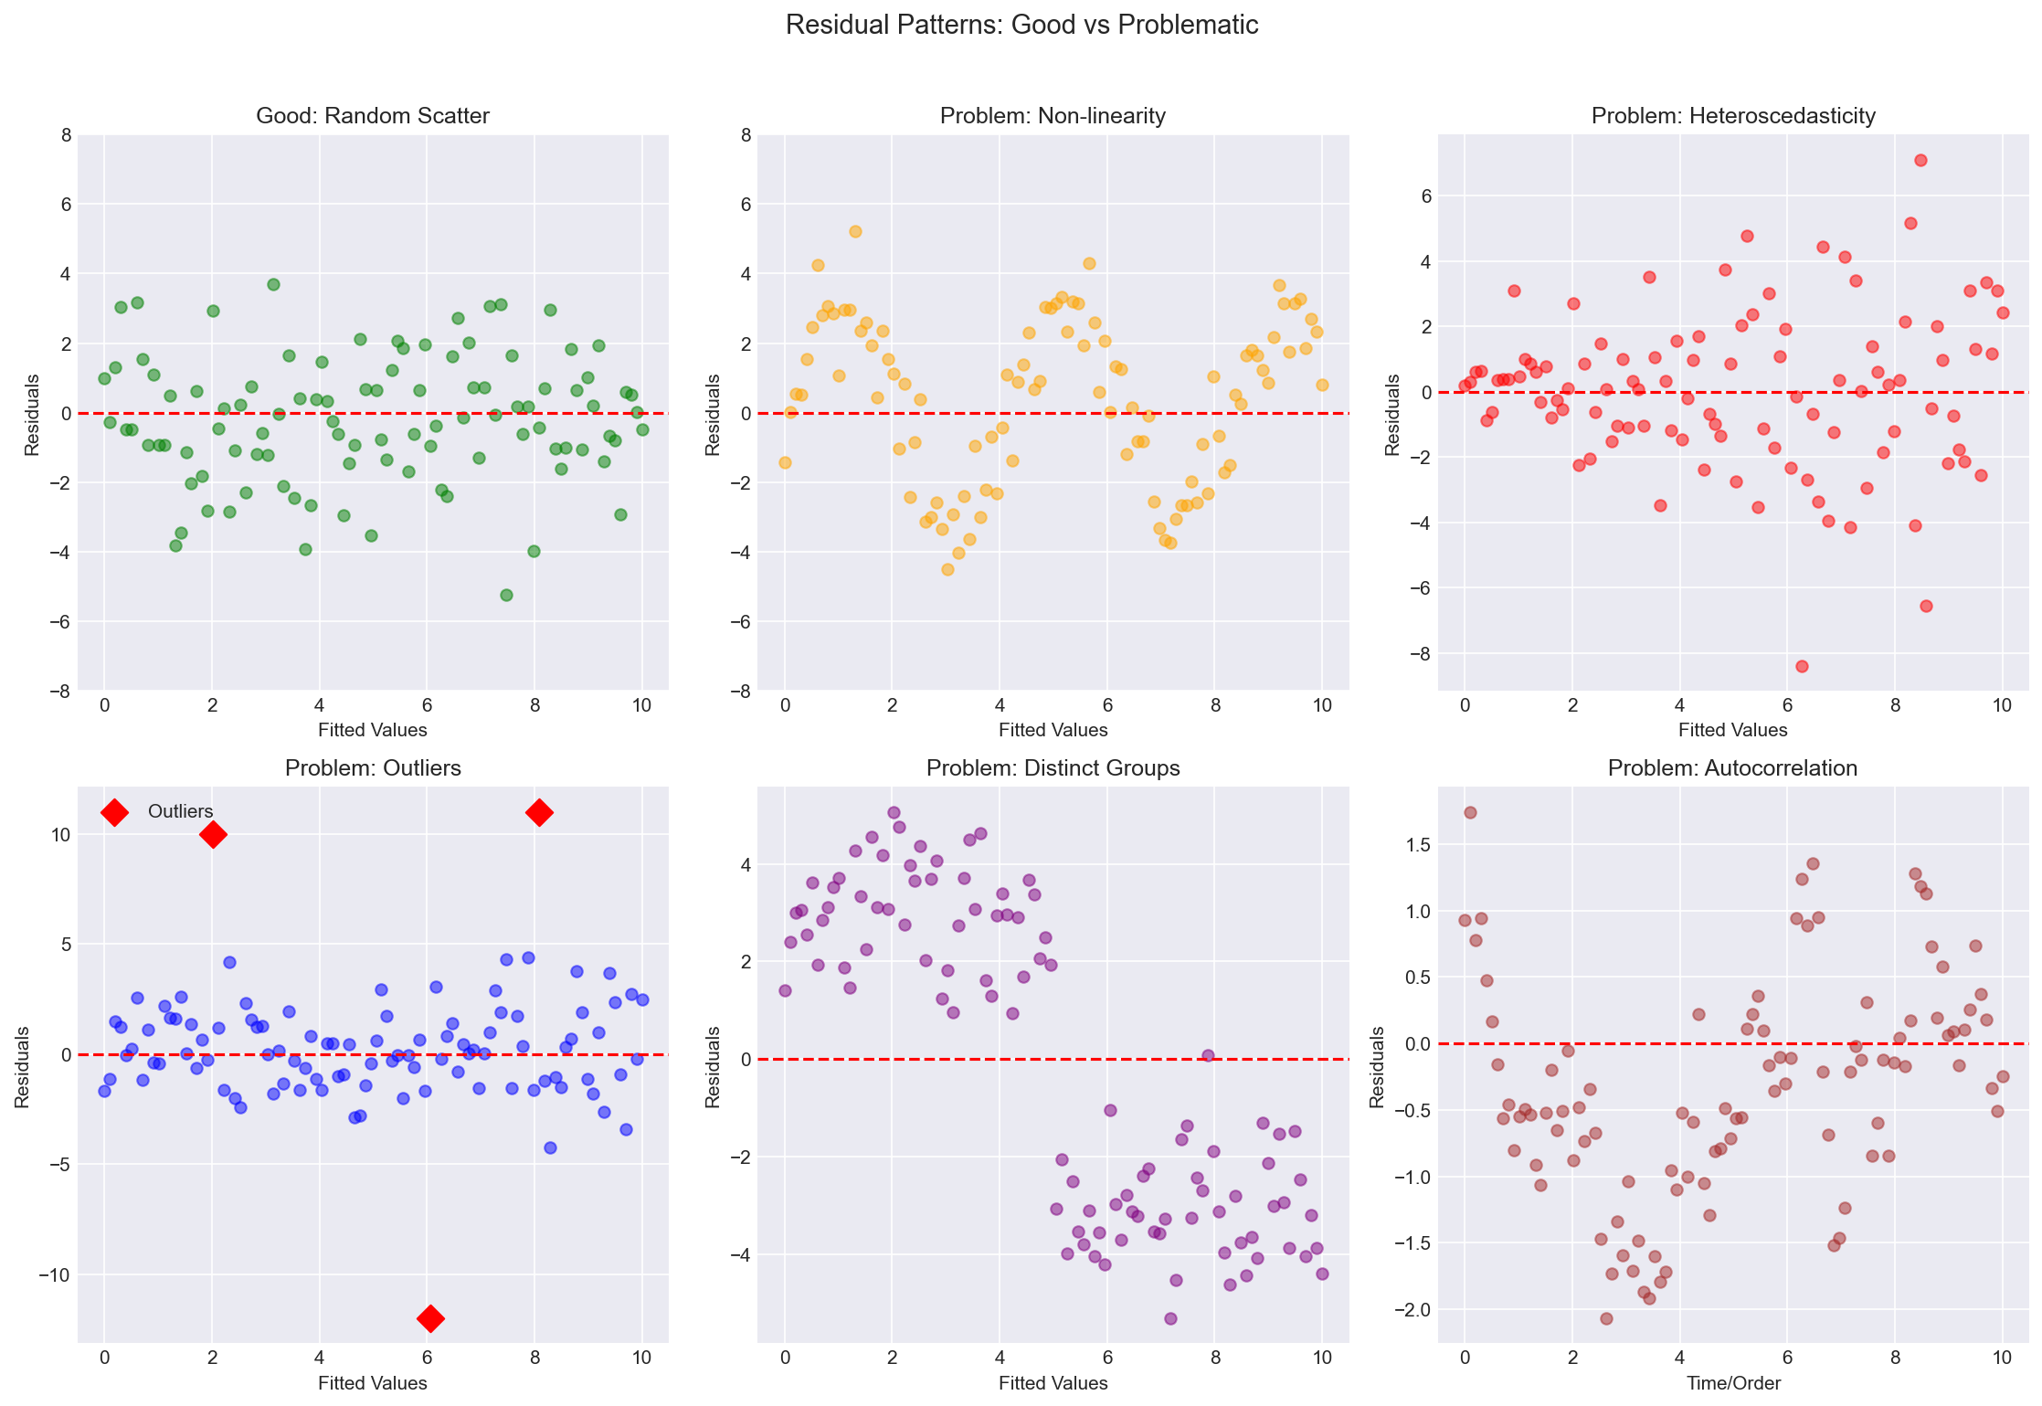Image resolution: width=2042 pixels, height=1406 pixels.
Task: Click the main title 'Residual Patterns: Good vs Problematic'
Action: [1021, 25]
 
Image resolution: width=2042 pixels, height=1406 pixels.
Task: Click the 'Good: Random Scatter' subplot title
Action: [373, 116]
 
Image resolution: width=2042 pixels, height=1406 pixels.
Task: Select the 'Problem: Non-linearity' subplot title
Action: [1053, 116]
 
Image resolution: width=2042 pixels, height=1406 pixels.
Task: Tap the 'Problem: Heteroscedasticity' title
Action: [1733, 116]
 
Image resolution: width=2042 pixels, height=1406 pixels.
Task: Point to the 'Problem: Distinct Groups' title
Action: [1053, 768]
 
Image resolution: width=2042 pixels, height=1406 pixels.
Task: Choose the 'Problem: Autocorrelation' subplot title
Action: [1733, 768]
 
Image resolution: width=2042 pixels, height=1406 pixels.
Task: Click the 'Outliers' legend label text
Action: [180, 811]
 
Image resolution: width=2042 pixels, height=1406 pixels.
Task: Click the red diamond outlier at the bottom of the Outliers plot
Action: [430, 1318]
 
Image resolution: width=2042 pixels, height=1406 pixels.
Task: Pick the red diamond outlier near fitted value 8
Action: [539, 812]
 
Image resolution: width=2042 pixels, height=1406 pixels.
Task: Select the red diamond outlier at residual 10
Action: [213, 834]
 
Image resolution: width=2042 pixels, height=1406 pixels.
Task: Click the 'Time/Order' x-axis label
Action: [1733, 1383]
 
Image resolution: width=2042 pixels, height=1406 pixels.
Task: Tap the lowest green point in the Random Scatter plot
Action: [506, 595]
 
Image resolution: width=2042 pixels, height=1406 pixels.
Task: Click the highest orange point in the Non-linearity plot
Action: [855, 231]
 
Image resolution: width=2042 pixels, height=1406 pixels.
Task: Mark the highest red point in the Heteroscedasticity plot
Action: [1920, 160]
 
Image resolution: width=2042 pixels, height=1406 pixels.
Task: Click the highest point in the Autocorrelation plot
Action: [1470, 812]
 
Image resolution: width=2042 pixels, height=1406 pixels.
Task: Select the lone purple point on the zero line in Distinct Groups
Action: [1208, 1055]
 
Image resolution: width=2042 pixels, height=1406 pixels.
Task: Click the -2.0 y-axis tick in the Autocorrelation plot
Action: [1417, 1310]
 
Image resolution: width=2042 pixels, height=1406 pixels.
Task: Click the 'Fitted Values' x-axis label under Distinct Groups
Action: [1053, 1383]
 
